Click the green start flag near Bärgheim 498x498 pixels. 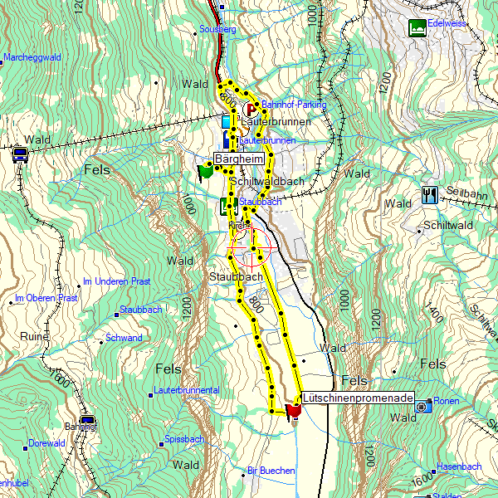click(205, 170)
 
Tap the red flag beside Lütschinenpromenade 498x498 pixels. click(293, 410)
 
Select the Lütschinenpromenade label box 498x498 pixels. click(356, 399)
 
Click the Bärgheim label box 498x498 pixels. click(239, 159)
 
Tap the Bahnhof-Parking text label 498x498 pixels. click(294, 105)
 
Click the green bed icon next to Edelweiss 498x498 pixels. click(417, 27)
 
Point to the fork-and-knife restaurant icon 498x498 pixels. click(429, 195)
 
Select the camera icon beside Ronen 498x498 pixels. click(423, 405)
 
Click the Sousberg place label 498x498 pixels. click(218, 29)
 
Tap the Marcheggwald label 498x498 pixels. click(32, 57)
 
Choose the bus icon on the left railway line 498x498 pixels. click(20, 154)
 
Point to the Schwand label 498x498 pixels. click(124, 338)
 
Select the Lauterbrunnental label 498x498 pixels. click(186, 389)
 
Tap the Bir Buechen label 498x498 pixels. click(271, 471)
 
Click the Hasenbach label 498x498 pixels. click(459, 466)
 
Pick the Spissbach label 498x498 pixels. click(184, 438)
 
